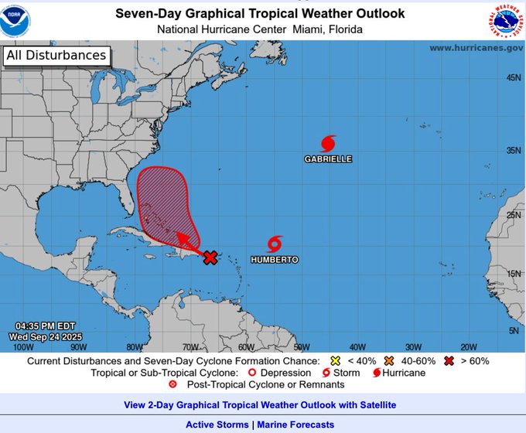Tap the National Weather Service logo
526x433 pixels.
pyautogui.click(x=507, y=21)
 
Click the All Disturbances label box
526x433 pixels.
pyautogui.click(x=56, y=56)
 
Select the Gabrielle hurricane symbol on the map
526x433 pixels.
pyautogui.click(x=328, y=143)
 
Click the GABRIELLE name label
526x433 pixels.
pyautogui.click(x=328, y=159)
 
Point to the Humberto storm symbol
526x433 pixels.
pyautogui.click(x=275, y=244)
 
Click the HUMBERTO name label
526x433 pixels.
pyautogui.click(x=275, y=260)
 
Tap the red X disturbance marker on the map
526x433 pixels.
pyautogui.click(x=210, y=257)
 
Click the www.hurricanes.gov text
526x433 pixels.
pyautogui.click(x=476, y=48)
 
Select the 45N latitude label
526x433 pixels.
pyautogui.click(x=513, y=78)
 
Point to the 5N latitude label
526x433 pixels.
pyautogui.click(x=514, y=331)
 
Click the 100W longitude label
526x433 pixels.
pyautogui.click(x=24, y=347)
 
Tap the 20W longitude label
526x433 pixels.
pyautogui.click(x=467, y=347)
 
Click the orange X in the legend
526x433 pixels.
pyautogui.click(x=388, y=361)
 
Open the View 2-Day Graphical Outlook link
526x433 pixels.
pyautogui.click(x=260, y=404)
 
